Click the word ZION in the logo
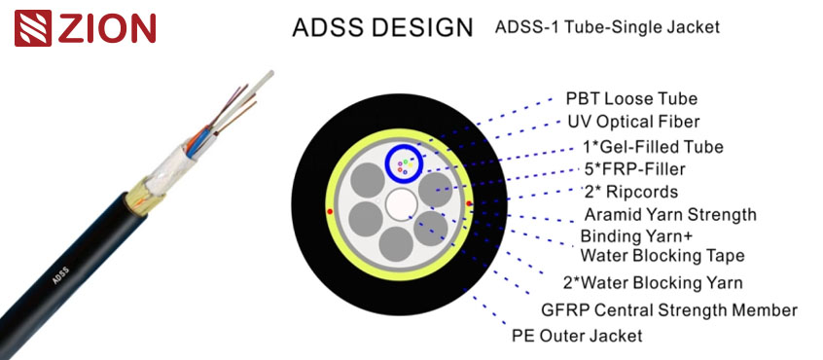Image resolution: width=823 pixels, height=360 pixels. tap(107, 28)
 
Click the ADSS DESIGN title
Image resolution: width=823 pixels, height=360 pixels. tap(382, 27)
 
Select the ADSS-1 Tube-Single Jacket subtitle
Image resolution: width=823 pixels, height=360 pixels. tap(607, 27)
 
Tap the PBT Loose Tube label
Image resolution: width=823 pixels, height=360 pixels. tap(631, 99)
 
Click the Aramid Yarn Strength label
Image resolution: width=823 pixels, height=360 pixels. tap(669, 214)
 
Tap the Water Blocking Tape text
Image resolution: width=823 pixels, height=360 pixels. tap(662, 256)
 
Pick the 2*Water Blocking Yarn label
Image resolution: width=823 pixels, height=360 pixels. tap(653, 283)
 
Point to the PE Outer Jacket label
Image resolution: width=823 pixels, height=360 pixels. tap(577, 336)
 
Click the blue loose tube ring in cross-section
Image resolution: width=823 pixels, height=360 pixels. tap(387, 162)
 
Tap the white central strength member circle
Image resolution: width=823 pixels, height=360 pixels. tap(401, 204)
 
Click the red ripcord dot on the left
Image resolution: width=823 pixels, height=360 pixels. tap(331, 210)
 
